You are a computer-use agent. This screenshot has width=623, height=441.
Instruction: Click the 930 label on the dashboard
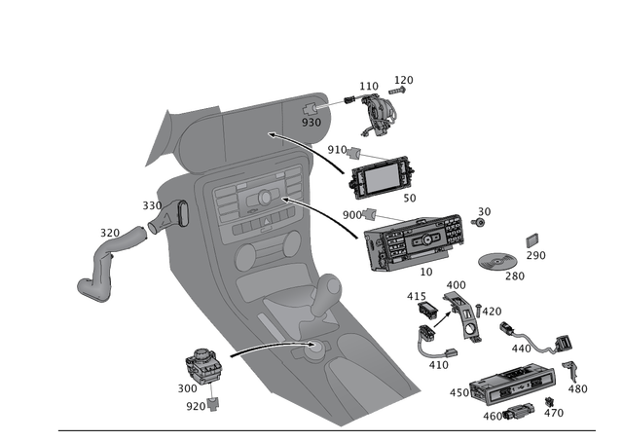coord(311,124)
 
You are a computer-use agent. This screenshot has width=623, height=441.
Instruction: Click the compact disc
coord(497,262)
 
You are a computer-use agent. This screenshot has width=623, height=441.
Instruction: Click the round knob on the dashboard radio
coord(263,200)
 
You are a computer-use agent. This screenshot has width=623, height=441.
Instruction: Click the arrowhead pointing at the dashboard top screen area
coord(271,135)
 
